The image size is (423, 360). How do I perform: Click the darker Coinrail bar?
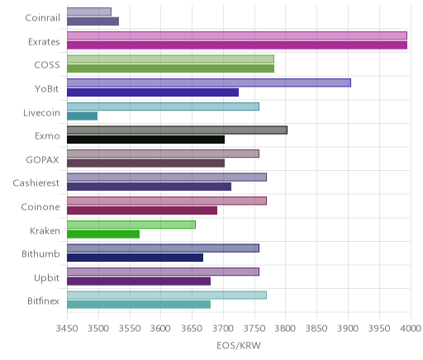point(93,21)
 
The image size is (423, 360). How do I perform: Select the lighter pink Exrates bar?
point(237,36)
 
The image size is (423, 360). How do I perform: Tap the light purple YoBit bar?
point(209,83)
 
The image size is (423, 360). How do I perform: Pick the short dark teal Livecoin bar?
point(83,116)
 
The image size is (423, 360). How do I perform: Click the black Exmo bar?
point(146,140)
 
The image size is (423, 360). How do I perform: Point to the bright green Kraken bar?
point(103,234)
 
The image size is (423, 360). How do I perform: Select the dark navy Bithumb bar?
point(135,258)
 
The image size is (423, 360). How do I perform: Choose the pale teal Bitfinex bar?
point(167,296)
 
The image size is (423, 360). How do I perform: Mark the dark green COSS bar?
point(171,69)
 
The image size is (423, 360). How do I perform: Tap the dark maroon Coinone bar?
point(142,211)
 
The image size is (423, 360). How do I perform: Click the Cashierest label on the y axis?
point(36,183)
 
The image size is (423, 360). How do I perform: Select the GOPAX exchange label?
point(42,160)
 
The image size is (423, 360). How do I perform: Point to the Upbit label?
point(46,278)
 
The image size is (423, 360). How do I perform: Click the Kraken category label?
point(45,230)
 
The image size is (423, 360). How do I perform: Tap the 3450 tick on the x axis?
point(67,329)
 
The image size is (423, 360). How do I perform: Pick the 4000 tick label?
point(411,329)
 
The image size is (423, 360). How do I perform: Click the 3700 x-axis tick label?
point(223,329)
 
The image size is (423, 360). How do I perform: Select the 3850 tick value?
point(316,329)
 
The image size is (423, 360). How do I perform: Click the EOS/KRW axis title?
point(239,346)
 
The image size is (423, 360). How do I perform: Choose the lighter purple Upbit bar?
point(164,272)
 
